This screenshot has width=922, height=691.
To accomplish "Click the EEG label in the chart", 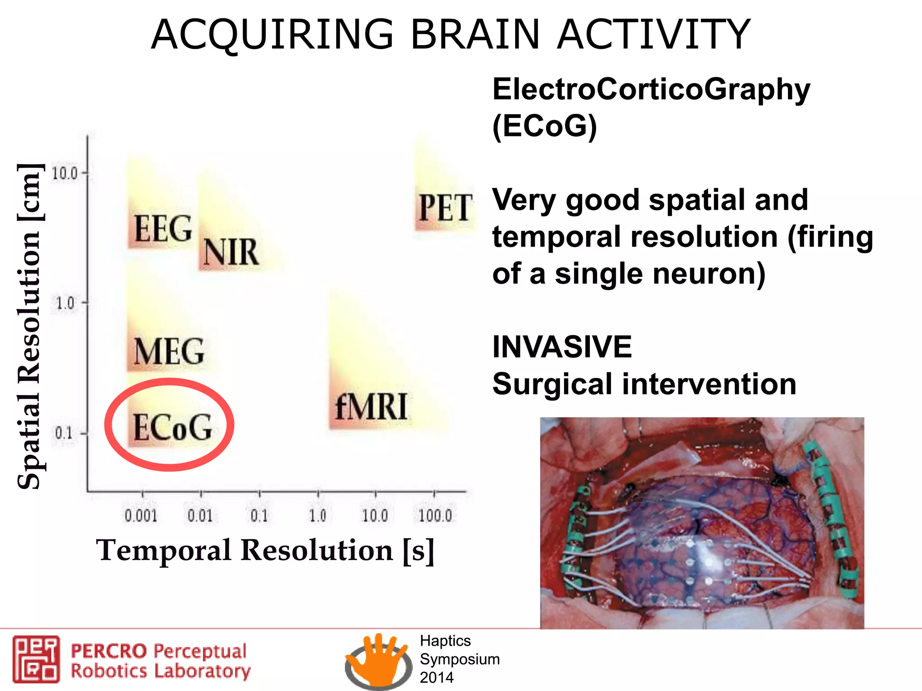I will [163, 229].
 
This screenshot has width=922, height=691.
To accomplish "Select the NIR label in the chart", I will [231, 252].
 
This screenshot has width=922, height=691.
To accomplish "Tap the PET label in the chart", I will [445, 208].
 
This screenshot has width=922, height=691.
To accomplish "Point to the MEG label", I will [169, 351].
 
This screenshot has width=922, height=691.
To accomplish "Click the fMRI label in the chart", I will [371, 407].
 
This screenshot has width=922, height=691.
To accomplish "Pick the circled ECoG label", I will [172, 427].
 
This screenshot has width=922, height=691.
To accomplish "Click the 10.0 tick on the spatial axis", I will [65, 173].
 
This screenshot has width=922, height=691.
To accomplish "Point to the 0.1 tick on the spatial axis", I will [63, 434].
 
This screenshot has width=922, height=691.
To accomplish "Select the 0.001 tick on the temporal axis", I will [141, 516].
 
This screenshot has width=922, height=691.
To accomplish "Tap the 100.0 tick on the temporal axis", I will [435, 516].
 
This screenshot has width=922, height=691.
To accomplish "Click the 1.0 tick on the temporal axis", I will [317, 516].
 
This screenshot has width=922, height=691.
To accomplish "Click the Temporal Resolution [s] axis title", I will [265, 550].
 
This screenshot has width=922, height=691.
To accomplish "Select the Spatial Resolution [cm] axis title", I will [30, 326].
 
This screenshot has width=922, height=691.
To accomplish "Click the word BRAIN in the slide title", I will [475, 35].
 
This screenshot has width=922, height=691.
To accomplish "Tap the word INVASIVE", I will [562, 347].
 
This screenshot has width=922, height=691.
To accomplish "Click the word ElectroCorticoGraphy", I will [651, 90].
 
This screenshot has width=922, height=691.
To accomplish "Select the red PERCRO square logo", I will [36, 659].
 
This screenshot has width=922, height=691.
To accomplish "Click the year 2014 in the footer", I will [437, 678].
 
